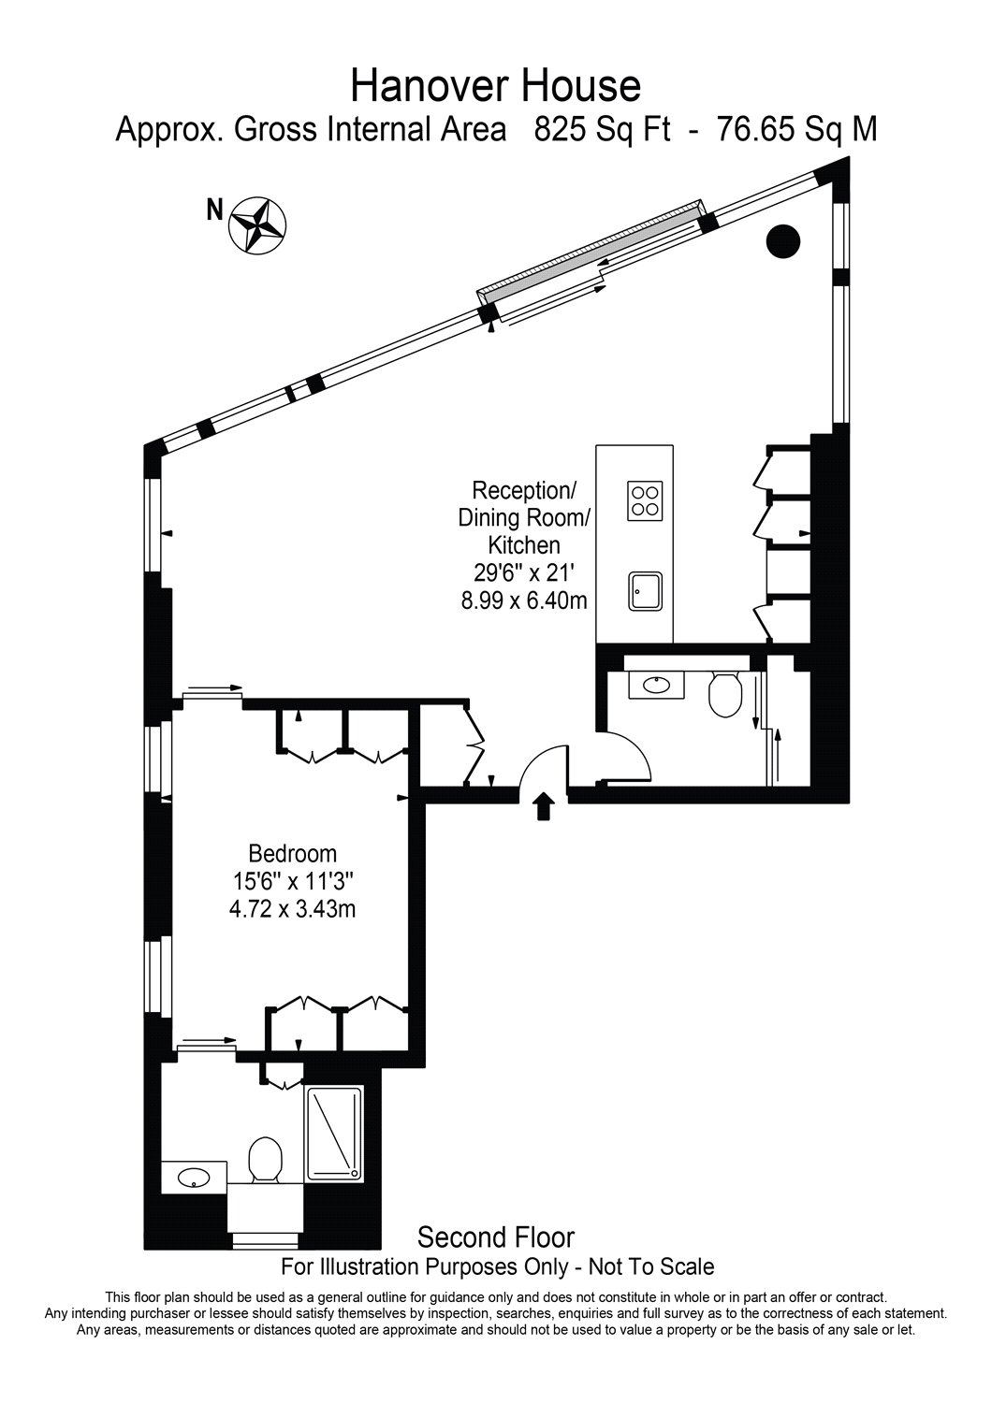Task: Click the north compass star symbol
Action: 256,225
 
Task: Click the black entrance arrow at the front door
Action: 542,805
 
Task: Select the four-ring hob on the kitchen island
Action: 645,499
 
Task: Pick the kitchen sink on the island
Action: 645,591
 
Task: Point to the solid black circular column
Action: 783,242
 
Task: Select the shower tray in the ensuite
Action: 334,1134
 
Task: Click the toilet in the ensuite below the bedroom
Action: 266,1160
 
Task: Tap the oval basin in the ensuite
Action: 195,1177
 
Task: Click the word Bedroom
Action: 292,853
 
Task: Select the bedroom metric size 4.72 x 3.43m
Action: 292,907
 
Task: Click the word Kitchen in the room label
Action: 524,544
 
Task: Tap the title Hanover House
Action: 495,86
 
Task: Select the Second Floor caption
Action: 495,1237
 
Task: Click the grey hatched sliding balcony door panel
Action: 591,257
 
